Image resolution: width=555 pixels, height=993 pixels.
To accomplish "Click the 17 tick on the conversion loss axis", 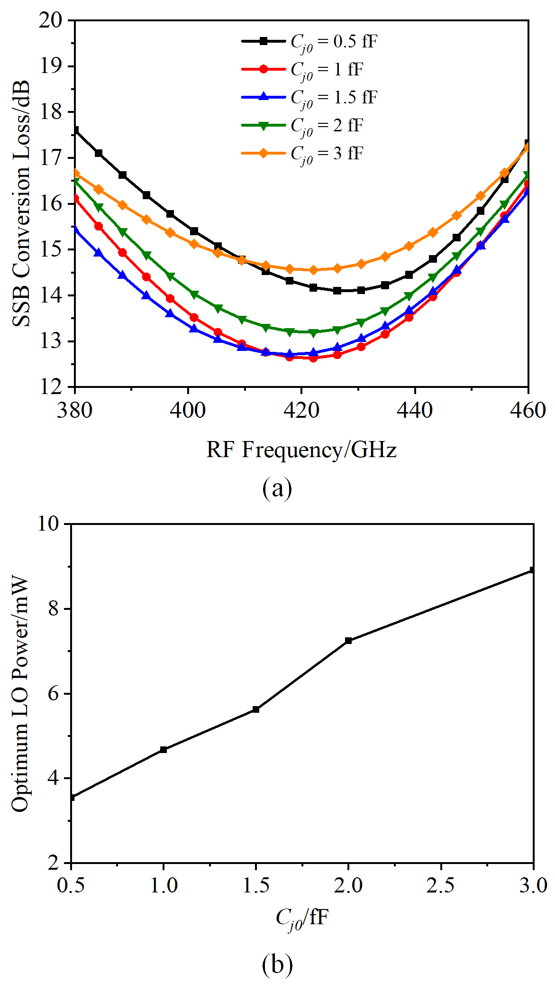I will coord(52,157).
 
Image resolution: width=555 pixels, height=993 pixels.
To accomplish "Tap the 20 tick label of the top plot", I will coord(52,20).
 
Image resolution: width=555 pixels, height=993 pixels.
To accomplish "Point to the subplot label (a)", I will coord(277,488).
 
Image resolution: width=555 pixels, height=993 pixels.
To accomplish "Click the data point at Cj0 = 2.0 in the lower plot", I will coord(348,641).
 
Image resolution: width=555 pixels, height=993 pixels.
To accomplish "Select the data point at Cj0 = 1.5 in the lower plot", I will coord(256,709).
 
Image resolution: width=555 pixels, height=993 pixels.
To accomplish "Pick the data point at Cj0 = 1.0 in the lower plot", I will coord(164,750).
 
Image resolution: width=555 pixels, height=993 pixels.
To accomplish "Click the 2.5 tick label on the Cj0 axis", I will coord(441,885).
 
